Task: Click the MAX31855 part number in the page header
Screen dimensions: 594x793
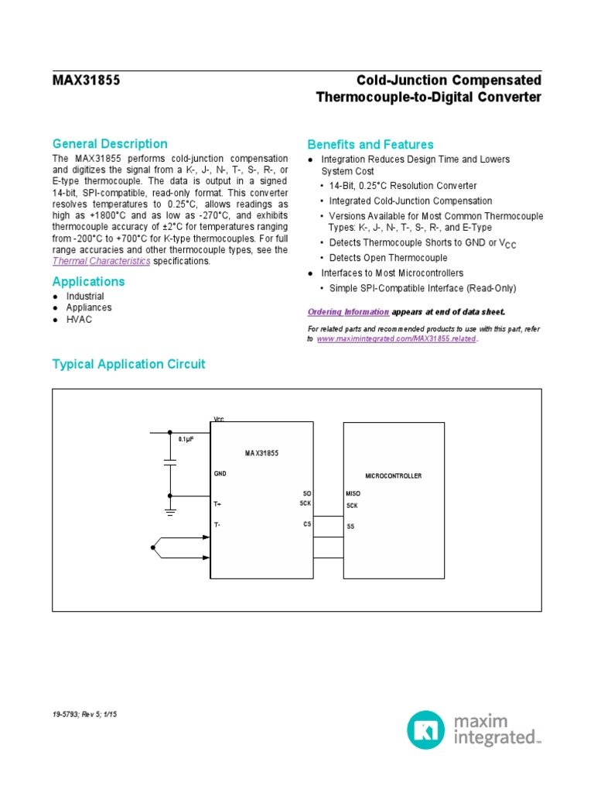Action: click(x=86, y=81)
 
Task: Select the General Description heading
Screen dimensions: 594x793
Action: click(x=109, y=143)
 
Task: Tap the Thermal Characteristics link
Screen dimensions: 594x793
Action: click(x=101, y=261)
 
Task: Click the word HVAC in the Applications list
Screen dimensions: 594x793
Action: click(x=79, y=319)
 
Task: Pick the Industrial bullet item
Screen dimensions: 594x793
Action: click(x=85, y=296)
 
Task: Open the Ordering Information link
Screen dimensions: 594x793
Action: click(x=348, y=311)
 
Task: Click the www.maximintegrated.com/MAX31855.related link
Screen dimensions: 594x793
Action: click(x=397, y=339)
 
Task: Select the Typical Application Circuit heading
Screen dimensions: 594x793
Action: click(x=128, y=364)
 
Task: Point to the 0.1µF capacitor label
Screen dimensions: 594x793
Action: click(x=186, y=439)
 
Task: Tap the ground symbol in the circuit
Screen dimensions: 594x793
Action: click(x=170, y=511)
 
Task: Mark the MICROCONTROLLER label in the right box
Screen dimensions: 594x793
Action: click(x=394, y=475)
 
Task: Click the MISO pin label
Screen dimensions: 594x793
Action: click(x=353, y=493)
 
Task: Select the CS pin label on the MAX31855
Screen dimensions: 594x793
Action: click(x=307, y=524)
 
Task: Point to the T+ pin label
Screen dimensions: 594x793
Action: click(x=218, y=503)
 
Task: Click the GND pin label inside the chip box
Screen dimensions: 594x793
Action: click(x=220, y=472)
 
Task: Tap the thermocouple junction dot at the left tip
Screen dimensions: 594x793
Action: click(x=152, y=548)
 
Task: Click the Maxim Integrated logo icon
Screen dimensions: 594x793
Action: click(x=425, y=729)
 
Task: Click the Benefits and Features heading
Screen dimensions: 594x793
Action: click(x=370, y=144)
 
